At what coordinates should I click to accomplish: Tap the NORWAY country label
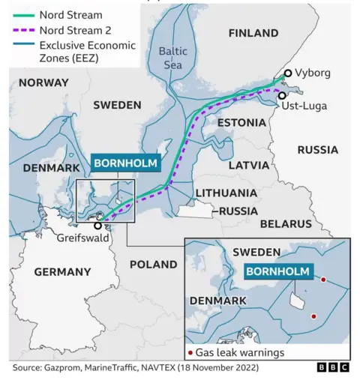coord(43,82)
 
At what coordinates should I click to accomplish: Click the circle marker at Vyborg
coord(288,73)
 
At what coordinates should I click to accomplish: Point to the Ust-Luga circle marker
coord(282,95)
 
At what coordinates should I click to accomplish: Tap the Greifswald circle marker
coord(97,224)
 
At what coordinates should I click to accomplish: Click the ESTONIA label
coord(241,121)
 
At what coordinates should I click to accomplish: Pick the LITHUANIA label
coord(226,193)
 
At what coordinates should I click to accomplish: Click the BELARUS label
coord(285,223)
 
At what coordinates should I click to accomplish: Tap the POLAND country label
coord(153,264)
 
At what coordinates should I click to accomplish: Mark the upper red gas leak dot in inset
coord(323,280)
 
